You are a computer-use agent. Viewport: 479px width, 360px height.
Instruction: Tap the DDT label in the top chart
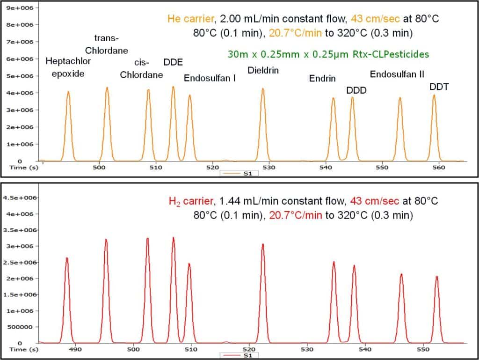[x=439, y=87]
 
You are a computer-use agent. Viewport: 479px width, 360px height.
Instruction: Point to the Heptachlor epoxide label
[x=68, y=67]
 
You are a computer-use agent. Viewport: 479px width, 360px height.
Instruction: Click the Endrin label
[x=322, y=79]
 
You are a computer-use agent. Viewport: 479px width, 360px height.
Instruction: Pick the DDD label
[x=356, y=90]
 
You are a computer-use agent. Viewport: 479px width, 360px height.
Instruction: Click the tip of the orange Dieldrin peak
[x=263, y=88]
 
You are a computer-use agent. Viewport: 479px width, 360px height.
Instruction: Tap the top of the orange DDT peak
[x=434, y=95]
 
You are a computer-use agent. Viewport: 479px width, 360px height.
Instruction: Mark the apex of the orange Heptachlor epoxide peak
[x=68, y=92]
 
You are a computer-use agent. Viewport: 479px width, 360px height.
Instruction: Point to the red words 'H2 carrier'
[x=190, y=202]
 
